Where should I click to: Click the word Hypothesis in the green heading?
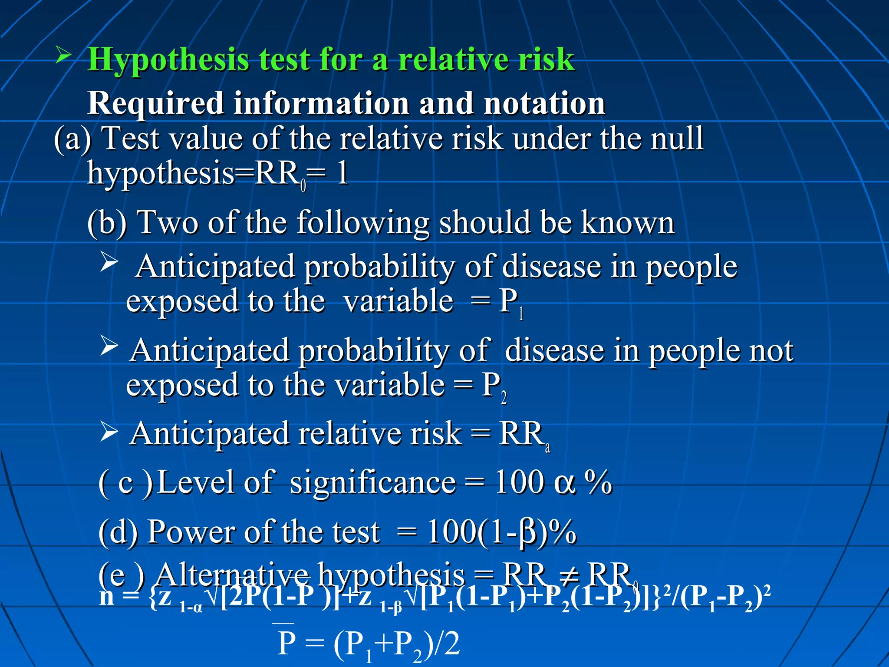point(168,60)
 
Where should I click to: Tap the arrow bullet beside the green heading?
point(64,55)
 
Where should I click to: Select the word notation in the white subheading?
point(544,103)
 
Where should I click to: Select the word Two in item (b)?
point(167,222)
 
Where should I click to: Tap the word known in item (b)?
point(627,222)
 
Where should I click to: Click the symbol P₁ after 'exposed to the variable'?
point(510,302)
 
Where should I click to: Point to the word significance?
point(372,483)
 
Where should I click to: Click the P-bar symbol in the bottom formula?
point(286,642)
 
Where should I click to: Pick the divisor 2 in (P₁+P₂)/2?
point(451,644)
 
